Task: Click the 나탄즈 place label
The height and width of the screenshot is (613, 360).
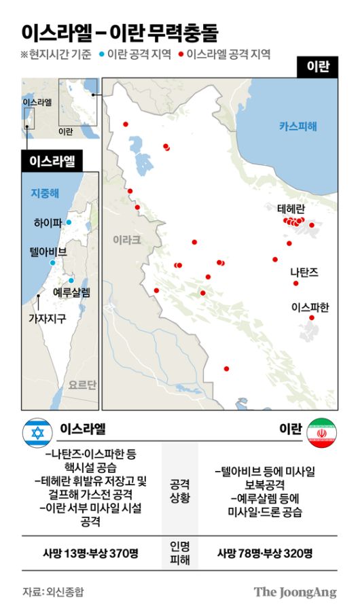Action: pos(304,271)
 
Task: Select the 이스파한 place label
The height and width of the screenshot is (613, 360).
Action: pos(309,307)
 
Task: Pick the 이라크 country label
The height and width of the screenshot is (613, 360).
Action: pos(126,239)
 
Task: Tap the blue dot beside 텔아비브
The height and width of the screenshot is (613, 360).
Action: pos(52,262)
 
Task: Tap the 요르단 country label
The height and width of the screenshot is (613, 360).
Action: pos(82,384)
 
